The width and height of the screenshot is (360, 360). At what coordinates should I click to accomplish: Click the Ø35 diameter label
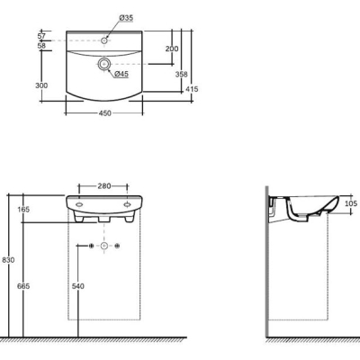[126, 18]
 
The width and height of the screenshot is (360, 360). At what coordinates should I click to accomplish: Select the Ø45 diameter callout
[121, 74]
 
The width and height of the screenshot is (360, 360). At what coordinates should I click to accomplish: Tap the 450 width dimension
[104, 113]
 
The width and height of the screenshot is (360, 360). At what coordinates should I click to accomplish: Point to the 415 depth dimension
[192, 89]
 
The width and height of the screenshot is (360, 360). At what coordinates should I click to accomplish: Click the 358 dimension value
[181, 74]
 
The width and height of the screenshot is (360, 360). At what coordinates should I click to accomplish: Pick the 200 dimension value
[172, 49]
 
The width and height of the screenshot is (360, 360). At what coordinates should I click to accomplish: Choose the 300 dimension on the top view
[41, 85]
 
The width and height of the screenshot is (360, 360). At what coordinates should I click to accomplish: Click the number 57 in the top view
[41, 36]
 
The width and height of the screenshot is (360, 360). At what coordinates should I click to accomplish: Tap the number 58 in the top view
[41, 46]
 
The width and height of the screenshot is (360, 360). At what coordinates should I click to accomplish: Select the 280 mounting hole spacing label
[104, 186]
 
